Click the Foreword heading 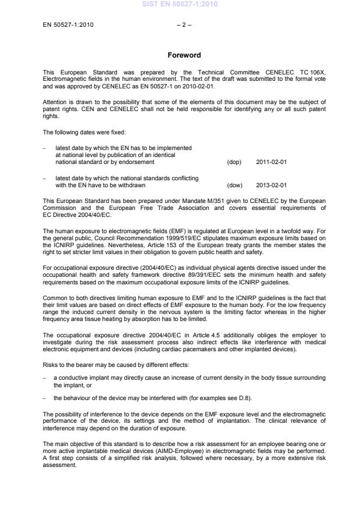tap(184, 55)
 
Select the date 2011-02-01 tap(271, 162)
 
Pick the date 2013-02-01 tap(271, 186)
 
